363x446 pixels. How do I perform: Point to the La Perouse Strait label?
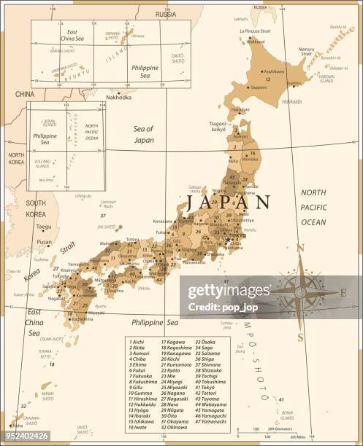coord(255,31)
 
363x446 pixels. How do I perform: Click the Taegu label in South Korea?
coord(45,227)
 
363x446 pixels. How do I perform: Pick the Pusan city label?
coord(45,242)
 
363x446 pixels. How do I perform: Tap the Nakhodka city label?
coord(118,97)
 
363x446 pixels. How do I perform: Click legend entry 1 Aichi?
coord(137,340)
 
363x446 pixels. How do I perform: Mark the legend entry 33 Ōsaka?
coord(205,340)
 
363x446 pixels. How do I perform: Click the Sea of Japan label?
coord(144,133)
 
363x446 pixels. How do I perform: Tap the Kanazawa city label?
coord(163,221)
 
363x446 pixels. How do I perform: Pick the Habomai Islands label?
coord(326,79)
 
